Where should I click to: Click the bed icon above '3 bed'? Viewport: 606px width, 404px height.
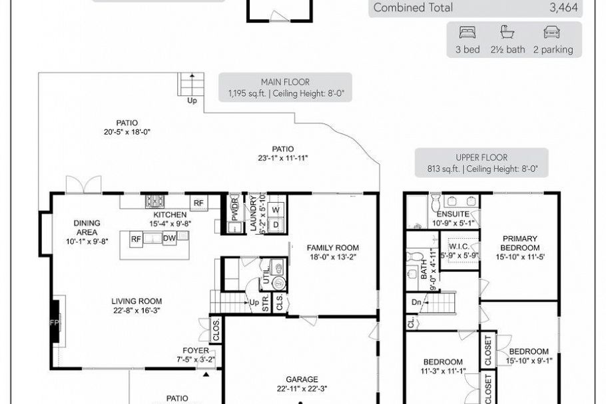(467, 32)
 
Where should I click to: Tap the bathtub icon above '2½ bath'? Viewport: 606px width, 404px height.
(507, 32)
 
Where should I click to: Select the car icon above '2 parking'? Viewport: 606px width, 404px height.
(552, 32)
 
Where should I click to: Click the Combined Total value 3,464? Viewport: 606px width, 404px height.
(563, 8)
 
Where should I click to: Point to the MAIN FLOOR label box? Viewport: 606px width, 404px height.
(286, 88)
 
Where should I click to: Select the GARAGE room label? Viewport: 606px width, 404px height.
(302, 379)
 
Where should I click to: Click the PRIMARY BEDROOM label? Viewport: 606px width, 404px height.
(520, 243)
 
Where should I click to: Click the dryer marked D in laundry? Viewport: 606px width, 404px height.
(276, 225)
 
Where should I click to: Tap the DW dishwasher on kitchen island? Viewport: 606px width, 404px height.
(169, 238)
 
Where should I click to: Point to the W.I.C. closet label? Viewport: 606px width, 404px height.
(460, 245)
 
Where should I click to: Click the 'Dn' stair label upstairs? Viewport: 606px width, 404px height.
(416, 302)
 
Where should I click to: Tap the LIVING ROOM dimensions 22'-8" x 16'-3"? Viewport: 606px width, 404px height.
(137, 310)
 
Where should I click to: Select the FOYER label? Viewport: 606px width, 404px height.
(196, 351)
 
